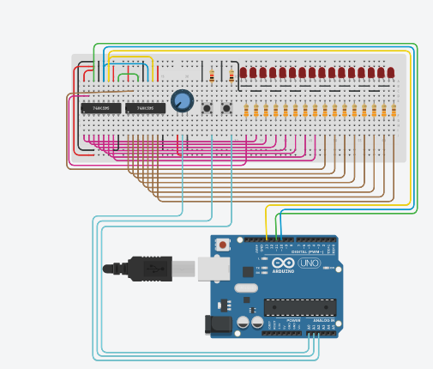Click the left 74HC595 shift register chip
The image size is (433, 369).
click(100, 108)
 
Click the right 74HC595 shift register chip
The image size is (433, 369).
click(145, 108)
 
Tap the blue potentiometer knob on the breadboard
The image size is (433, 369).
click(182, 101)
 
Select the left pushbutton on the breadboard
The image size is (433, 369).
click(207, 108)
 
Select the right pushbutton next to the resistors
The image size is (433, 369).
click(226, 108)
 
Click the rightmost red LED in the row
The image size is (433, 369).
click(391, 73)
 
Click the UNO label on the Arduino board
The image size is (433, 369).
click(310, 263)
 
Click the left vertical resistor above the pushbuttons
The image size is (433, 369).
click(212, 77)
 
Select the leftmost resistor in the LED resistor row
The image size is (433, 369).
click(247, 111)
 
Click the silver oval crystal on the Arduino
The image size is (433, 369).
click(244, 288)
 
